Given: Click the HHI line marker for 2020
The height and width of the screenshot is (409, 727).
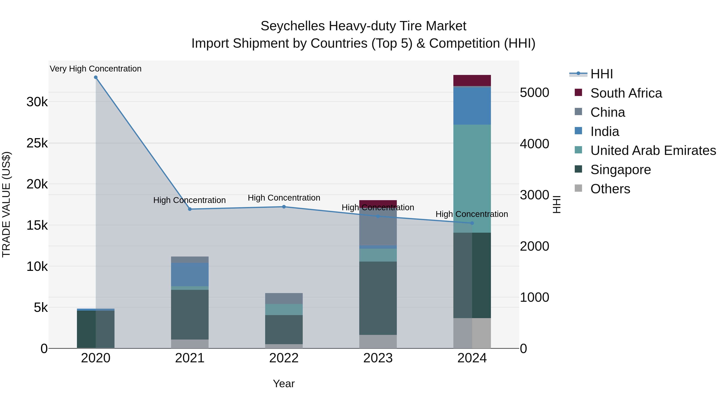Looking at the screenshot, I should click(96, 77).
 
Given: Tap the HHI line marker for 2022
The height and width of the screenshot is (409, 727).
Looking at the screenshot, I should click(284, 207).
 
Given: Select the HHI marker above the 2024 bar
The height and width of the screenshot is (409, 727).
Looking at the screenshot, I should click(472, 223).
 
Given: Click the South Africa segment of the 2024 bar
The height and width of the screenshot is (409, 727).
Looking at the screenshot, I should click(472, 80).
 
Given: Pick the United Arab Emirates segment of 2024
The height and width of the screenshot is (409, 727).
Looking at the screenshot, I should click(472, 178).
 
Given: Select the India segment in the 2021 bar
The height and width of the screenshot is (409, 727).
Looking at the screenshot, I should click(190, 274).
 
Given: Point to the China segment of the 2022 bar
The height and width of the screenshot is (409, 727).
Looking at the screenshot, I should click(284, 298).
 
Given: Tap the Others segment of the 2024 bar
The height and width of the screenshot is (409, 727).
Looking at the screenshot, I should click(472, 333).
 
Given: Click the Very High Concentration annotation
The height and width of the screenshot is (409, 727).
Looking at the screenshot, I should click(96, 69).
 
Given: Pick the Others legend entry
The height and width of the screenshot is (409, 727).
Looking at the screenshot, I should click(610, 189).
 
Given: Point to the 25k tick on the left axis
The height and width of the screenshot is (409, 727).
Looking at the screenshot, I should click(37, 143).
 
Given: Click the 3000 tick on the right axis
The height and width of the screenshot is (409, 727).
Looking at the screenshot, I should click(534, 195).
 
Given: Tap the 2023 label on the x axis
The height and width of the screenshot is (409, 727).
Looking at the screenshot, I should click(378, 358).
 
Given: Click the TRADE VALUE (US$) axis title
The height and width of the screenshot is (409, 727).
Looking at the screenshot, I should click(6, 204).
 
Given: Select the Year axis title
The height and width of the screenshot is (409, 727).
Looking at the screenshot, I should click(284, 384).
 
